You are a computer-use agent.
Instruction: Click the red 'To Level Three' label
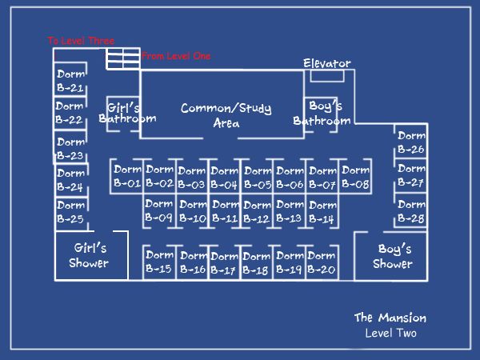[x=81, y=41]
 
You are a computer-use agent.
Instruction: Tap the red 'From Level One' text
[x=176, y=57]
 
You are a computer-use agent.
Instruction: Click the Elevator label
[x=326, y=63]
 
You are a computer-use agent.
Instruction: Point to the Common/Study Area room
[x=226, y=115]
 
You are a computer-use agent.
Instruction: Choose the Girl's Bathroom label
[x=126, y=113]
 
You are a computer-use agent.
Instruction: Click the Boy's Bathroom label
[x=323, y=113]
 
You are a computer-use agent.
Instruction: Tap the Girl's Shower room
[x=89, y=256]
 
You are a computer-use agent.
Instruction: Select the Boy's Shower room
[x=392, y=256]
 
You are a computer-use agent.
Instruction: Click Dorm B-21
[x=71, y=81]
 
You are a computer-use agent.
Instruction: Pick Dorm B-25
[x=71, y=212]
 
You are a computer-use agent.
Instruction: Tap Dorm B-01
[x=127, y=177]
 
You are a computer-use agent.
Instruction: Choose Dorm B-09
[x=159, y=210]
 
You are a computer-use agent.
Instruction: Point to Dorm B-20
[x=321, y=262]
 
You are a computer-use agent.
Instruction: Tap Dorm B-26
[x=411, y=142]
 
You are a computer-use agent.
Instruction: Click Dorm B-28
[x=411, y=211]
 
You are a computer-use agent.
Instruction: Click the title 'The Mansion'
[x=390, y=318]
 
